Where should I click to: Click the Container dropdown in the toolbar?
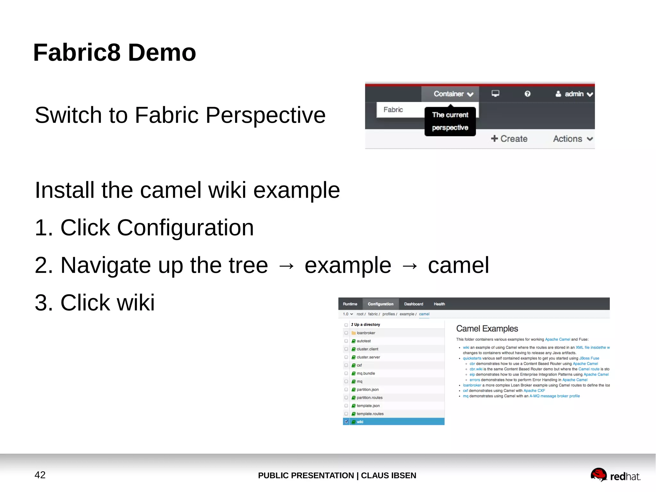point(453,94)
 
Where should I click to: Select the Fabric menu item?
point(393,110)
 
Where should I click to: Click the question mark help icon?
point(527,94)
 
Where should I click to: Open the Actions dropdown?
point(573,139)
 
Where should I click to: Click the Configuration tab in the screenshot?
point(380,304)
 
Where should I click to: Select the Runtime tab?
point(350,304)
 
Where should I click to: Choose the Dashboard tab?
point(413,304)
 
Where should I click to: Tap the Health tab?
point(439,304)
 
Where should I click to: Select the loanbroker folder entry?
point(366,333)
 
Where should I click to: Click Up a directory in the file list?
point(366,325)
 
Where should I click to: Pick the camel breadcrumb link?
point(424,314)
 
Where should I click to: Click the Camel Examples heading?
point(487,329)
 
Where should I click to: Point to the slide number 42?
point(40,475)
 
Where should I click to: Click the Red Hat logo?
point(615,475)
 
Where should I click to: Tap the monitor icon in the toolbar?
point(495,94)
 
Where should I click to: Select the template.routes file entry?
point(370,414)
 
